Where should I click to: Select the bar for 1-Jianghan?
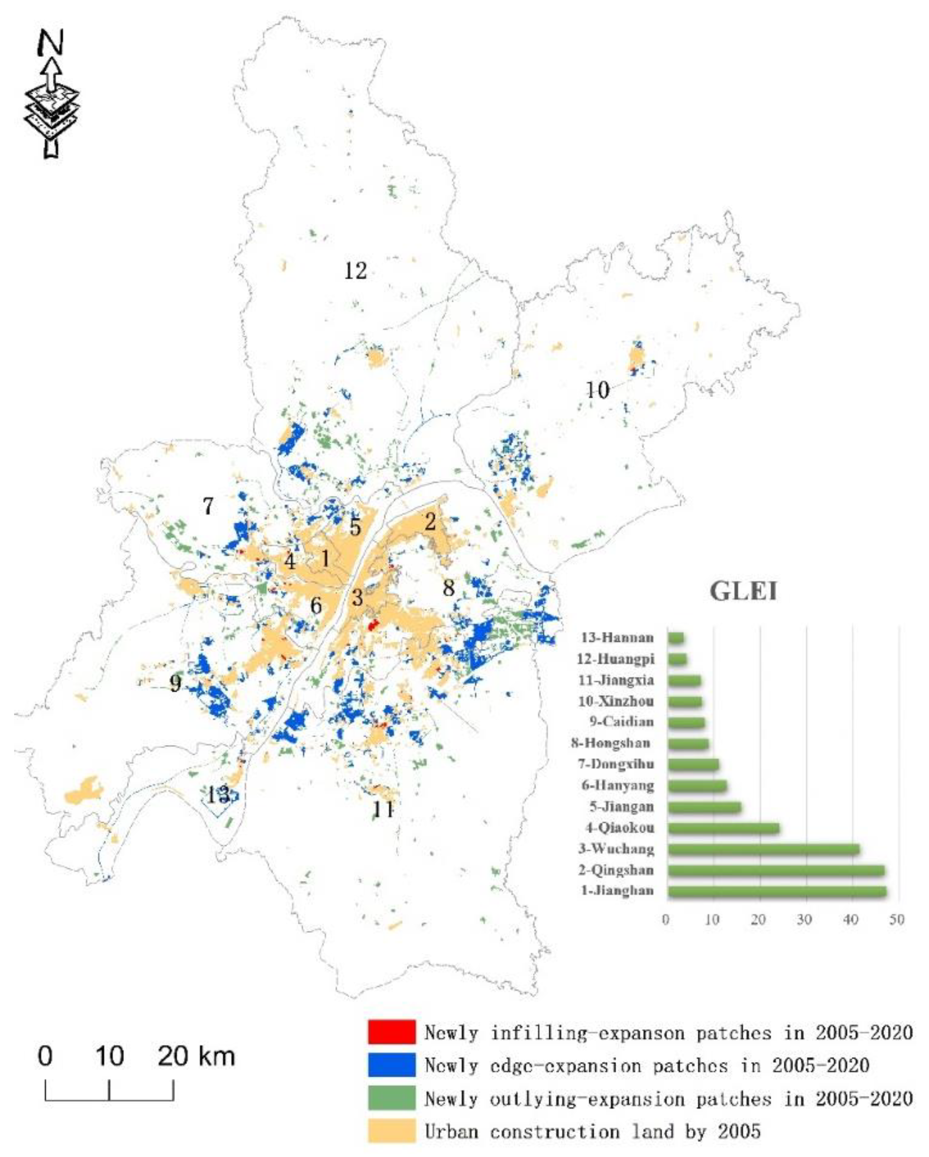(x=776, y=891)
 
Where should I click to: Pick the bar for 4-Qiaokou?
(x=723, y=828)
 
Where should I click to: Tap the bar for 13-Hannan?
(x=675, y=638)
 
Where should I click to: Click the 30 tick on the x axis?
(x=804, y=919)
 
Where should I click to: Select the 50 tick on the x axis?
(x=896, y=919)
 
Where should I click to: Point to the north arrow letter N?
(x=51, y=43)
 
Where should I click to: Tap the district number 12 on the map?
(x=355, y=271)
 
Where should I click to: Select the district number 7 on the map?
(x=208, y=506)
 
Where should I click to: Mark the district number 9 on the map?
(x=175, y=684)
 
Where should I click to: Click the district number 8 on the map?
(x=449, y=588)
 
